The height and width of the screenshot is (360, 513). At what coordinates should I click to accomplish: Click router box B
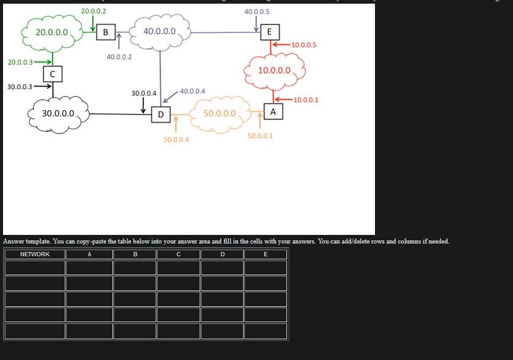[106, 32]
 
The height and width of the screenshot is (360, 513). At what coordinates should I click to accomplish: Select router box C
[53, 74]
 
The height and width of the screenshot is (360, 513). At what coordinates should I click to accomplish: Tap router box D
[161, 114]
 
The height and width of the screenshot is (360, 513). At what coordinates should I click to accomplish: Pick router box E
[269, 32]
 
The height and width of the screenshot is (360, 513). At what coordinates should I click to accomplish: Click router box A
[273, 112]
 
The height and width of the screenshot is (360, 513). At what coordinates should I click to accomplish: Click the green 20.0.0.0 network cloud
[52, 32]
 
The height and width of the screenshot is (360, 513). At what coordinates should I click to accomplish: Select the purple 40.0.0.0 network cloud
[159, 32]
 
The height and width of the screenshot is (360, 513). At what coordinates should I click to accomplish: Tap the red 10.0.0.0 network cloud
[274, 70]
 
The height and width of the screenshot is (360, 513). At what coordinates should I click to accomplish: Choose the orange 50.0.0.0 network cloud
[219, 113]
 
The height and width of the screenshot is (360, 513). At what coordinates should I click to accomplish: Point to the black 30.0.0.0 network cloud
[58, 113]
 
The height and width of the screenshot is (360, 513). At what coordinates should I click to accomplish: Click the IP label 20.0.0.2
[93, 11]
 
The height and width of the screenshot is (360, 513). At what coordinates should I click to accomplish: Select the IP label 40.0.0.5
[256, 12]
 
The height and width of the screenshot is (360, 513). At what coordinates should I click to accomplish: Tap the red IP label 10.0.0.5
[304, 45]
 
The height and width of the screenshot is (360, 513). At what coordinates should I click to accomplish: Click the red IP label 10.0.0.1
[305, 99]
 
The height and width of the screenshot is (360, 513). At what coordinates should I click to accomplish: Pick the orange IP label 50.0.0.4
[176, 140]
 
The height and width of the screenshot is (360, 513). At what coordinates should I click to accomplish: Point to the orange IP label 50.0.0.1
[260, 135]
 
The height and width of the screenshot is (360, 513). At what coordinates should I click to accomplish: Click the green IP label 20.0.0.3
[20, 62]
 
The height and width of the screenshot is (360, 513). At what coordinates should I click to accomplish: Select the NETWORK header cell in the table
[35, 254]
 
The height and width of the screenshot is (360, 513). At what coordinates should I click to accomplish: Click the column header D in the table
[222, 254]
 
